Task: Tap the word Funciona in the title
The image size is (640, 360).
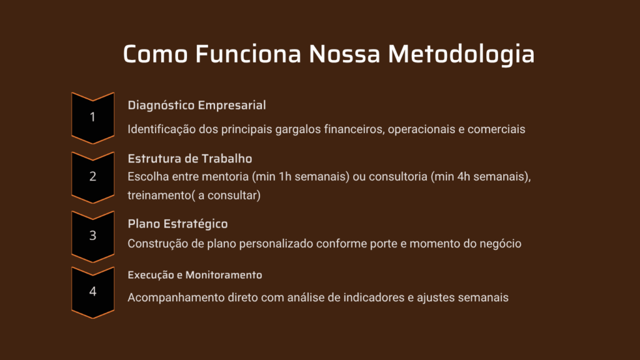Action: [248, 54]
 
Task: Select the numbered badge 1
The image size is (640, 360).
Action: [92, 118]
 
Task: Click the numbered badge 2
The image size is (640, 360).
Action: [92, 177]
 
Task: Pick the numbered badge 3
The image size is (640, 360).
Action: [92, 236]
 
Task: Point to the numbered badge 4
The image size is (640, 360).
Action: [92, 292]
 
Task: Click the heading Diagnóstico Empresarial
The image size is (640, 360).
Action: [197, 106]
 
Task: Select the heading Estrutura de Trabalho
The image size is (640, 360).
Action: [190, 158]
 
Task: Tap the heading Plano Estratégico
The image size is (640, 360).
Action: [177, 224]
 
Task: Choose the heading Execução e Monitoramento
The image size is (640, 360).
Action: [195, 275]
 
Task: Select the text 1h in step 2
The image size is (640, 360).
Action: [285, 177]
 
